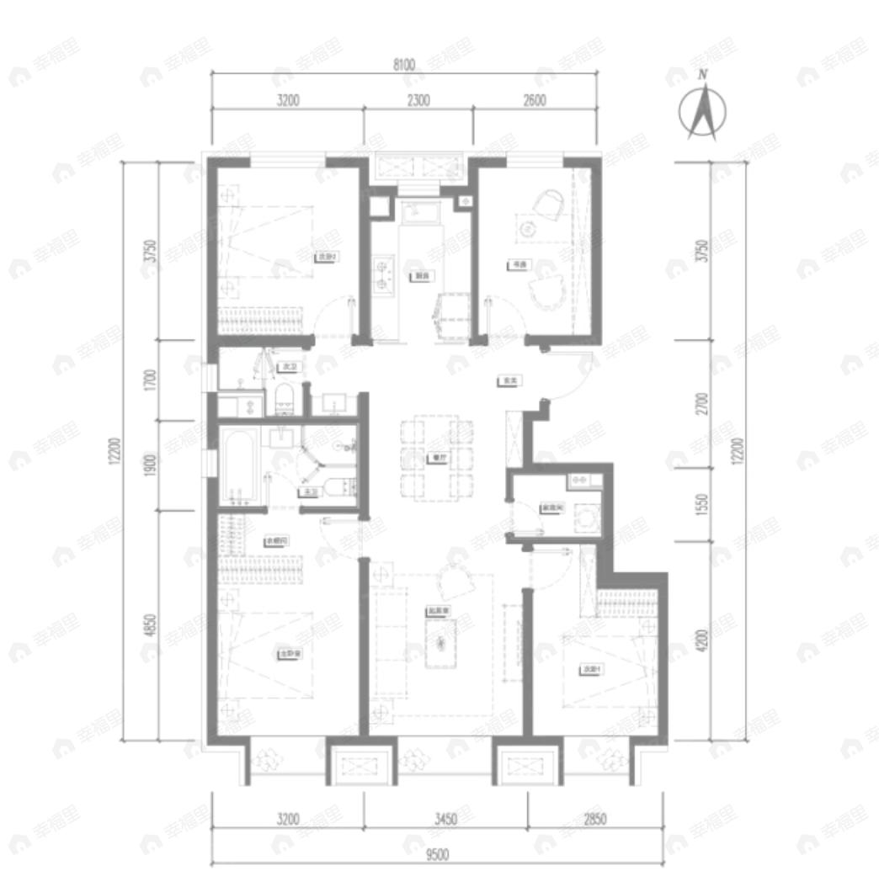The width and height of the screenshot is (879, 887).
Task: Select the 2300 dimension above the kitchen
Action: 418,100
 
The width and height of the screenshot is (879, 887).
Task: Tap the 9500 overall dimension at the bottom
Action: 436,855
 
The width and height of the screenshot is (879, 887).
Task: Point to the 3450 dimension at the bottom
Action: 446,817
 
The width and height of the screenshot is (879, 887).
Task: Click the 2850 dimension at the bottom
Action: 594,817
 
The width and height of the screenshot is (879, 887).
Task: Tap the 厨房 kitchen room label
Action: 418,275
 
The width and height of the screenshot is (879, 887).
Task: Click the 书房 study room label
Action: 518,264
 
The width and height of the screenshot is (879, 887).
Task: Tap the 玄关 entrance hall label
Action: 509,381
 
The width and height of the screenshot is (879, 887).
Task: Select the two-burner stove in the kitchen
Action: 386,274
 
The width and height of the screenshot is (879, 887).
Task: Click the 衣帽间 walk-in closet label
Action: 276,541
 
